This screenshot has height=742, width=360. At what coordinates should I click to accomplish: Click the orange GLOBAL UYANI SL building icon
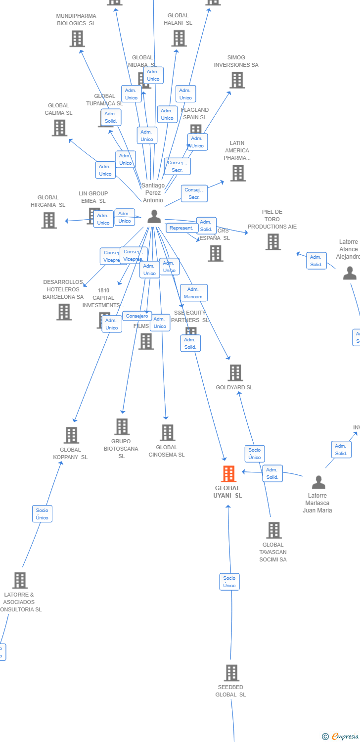click(x=228, y=474)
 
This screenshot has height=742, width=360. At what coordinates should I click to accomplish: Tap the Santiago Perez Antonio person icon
click(x=154, y=217)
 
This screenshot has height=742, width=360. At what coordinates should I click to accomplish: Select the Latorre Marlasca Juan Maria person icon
click(x=318, y=482)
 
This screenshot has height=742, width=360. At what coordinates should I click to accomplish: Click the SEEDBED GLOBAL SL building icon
click(x=231, y=673)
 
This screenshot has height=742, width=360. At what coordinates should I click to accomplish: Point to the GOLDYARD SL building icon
click(x=235, y=373)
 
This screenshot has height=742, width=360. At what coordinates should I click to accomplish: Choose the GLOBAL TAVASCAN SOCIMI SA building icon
click(x=273, y=530)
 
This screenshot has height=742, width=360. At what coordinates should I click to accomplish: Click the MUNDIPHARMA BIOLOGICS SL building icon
click(x=77, y=39)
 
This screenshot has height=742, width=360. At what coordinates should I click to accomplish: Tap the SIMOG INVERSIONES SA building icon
click(x=237, y=80)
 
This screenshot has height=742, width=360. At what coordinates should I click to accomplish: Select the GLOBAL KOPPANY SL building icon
click(x=71, y=435)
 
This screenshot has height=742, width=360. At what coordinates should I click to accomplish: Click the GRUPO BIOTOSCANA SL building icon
click(x=122, y=426)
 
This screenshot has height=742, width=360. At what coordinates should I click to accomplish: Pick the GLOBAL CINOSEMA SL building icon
click(x=167, y=432)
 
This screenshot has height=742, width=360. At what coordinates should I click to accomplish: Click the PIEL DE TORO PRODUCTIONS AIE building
click(x=273, y=242)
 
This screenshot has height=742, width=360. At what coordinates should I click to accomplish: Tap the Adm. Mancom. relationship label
click(x=194, y=293)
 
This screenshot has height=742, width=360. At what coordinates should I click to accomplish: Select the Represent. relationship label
click(x=182, y=228)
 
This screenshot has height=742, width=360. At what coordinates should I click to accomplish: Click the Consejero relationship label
click(x=137, y=316)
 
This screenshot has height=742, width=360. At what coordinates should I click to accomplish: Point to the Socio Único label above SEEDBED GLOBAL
click(x=229, y=582)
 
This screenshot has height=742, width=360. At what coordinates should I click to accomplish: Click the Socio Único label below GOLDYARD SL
click(x=255, y=454)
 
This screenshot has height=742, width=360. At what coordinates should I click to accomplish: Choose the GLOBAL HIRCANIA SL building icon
click(x=49, y=220)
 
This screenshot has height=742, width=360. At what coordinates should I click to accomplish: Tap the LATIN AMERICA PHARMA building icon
click(x=238, y=173)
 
